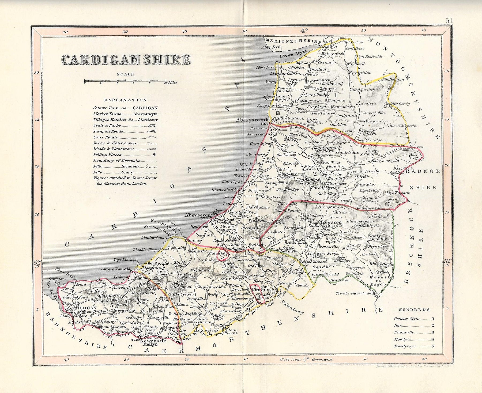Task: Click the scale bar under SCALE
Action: (x=125, y=80)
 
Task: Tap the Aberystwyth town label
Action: (x=252, y=120)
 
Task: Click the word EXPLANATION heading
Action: (x=125, y=100)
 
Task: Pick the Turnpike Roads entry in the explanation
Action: (x=108, y=131)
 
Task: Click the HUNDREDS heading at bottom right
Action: (x=414, y=310)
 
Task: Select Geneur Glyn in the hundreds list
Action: (x=406, y=319)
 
